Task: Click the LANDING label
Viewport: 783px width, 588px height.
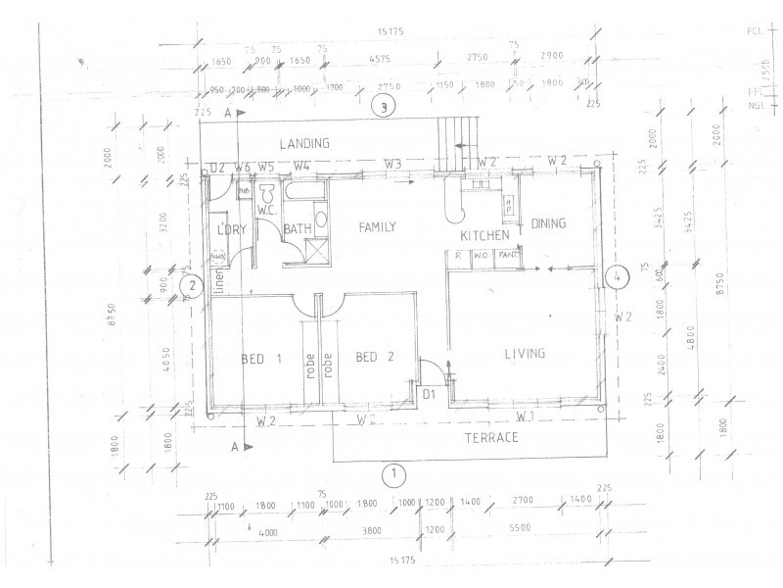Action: click(x=303, y=143)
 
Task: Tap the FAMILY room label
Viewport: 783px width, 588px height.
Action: click(x=377, y=227)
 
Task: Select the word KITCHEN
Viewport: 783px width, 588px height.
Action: click(x=484, y=236)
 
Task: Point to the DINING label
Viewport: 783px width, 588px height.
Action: click(x=548, y=224)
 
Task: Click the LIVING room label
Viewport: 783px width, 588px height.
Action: click(x=525, y=354)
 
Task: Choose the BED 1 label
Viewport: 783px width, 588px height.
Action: click(x=261, y=359)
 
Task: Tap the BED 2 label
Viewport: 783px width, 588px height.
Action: click(x=374, y=357)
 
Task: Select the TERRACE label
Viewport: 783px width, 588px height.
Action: click(x=491, y=437)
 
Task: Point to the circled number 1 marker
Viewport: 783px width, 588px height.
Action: click(x=392, y=475)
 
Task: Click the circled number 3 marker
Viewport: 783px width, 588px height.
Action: click(x=387, y=108)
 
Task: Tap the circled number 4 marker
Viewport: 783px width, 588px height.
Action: click(x=617, y=277)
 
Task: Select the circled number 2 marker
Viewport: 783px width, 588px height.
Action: click(x=193, y=286)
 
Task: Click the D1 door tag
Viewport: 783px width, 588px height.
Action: click(x=429, y=394)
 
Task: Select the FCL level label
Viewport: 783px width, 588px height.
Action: click(x=755, y=31)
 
